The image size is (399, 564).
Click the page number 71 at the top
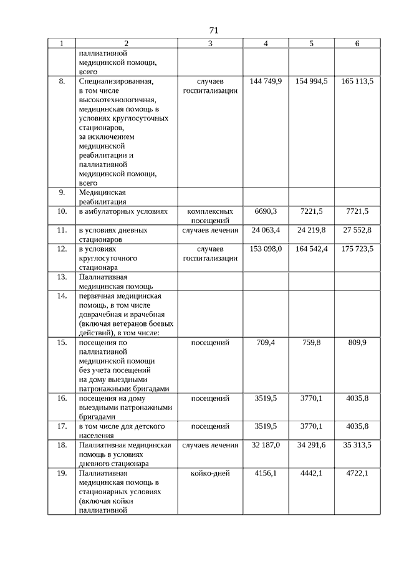[x=213, y=30]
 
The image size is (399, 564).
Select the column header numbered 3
[x=210, y=44]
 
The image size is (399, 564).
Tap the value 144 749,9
[x=266, y=82]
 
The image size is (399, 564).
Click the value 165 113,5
[x=357, y=82]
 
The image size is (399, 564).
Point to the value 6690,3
[x=266, y=211]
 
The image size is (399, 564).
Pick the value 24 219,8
[x=311, y=230]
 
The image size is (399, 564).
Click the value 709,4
[x=266, y=342]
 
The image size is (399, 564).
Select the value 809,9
[x=357, y=342]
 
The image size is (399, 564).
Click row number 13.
[x=62, y=277]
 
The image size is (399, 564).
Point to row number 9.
[x=62, y=192]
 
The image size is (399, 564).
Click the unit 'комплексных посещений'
[x=210, y=216]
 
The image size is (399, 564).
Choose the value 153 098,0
[x=266, y=249]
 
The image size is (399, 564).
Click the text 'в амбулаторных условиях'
[x=123, y=211]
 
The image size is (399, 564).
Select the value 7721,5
[x=357, y=211]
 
